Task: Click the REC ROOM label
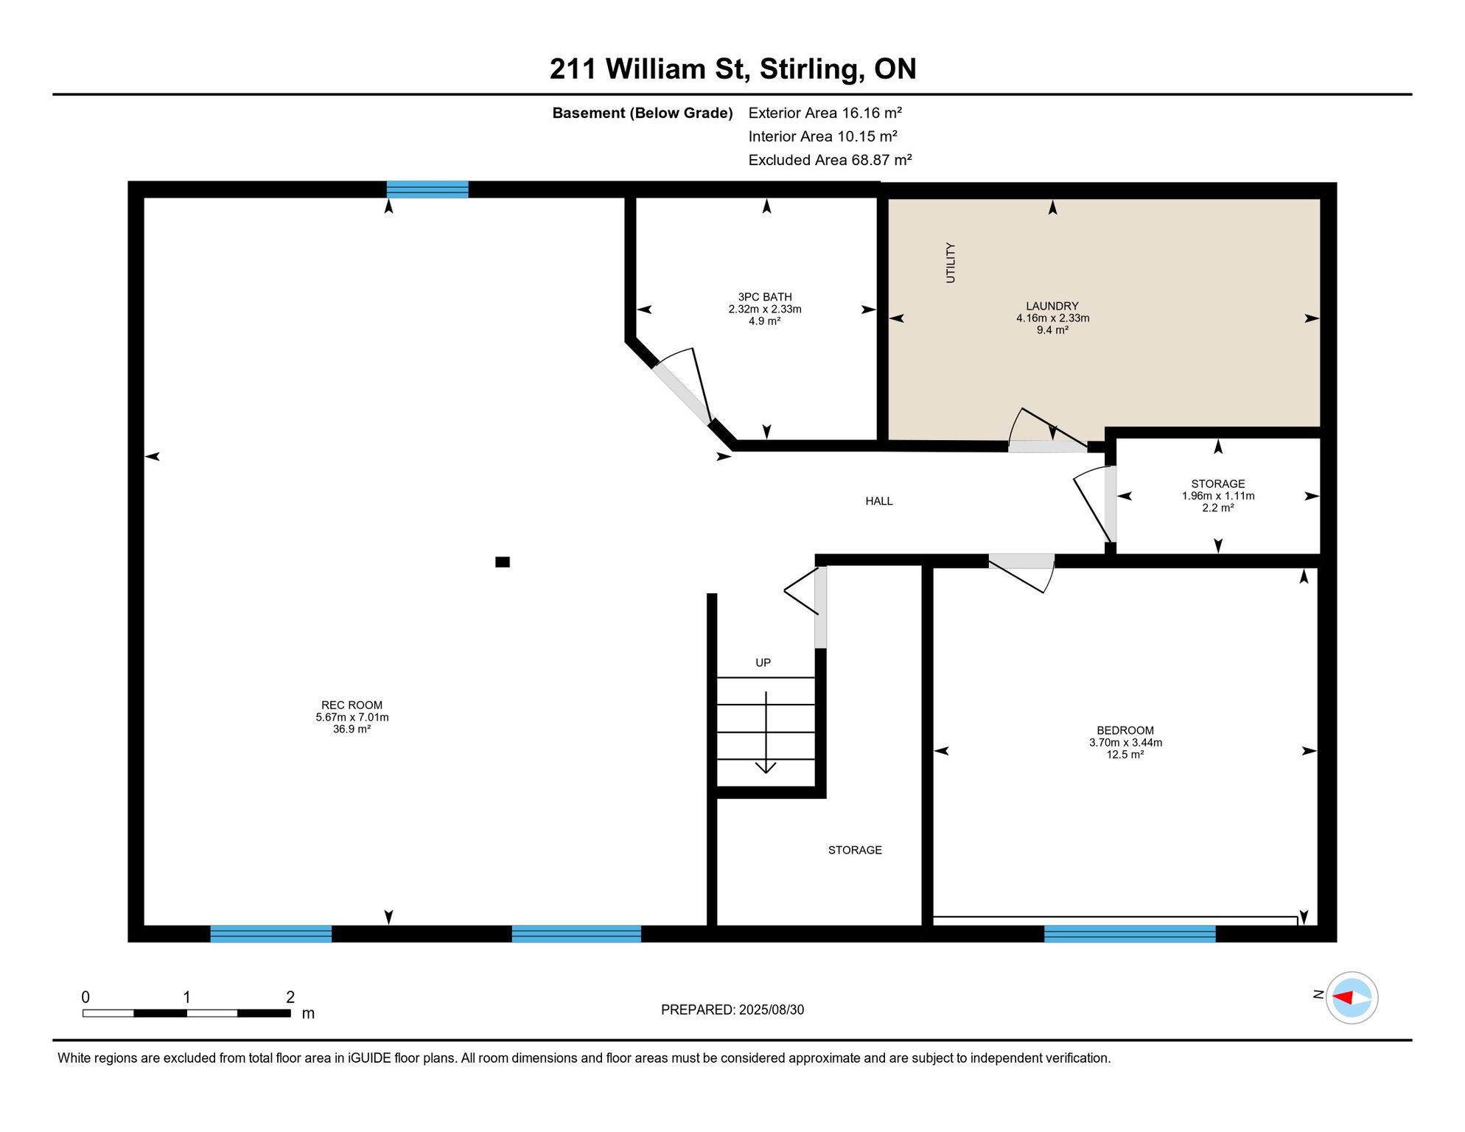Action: [352, 705]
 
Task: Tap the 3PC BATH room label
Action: [765, 297]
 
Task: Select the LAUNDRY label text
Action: [1052, 306]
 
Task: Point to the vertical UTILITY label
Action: [951, 262]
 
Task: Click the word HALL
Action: [879, 501]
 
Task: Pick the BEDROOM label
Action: [1125, 730]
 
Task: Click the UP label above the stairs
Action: [763, 663]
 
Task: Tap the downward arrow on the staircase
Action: [766, 733]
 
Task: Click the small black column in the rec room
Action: [503, 562]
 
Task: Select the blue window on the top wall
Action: [427, 189]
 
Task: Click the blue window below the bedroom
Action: [1130, 934]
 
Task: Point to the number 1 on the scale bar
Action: [187, 997]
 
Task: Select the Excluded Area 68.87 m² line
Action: [830, 160]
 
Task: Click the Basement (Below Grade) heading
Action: [643, 113]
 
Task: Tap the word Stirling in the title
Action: [812, 69]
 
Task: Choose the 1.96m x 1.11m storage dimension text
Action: [1218, 496]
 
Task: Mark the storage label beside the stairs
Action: [855, 850]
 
